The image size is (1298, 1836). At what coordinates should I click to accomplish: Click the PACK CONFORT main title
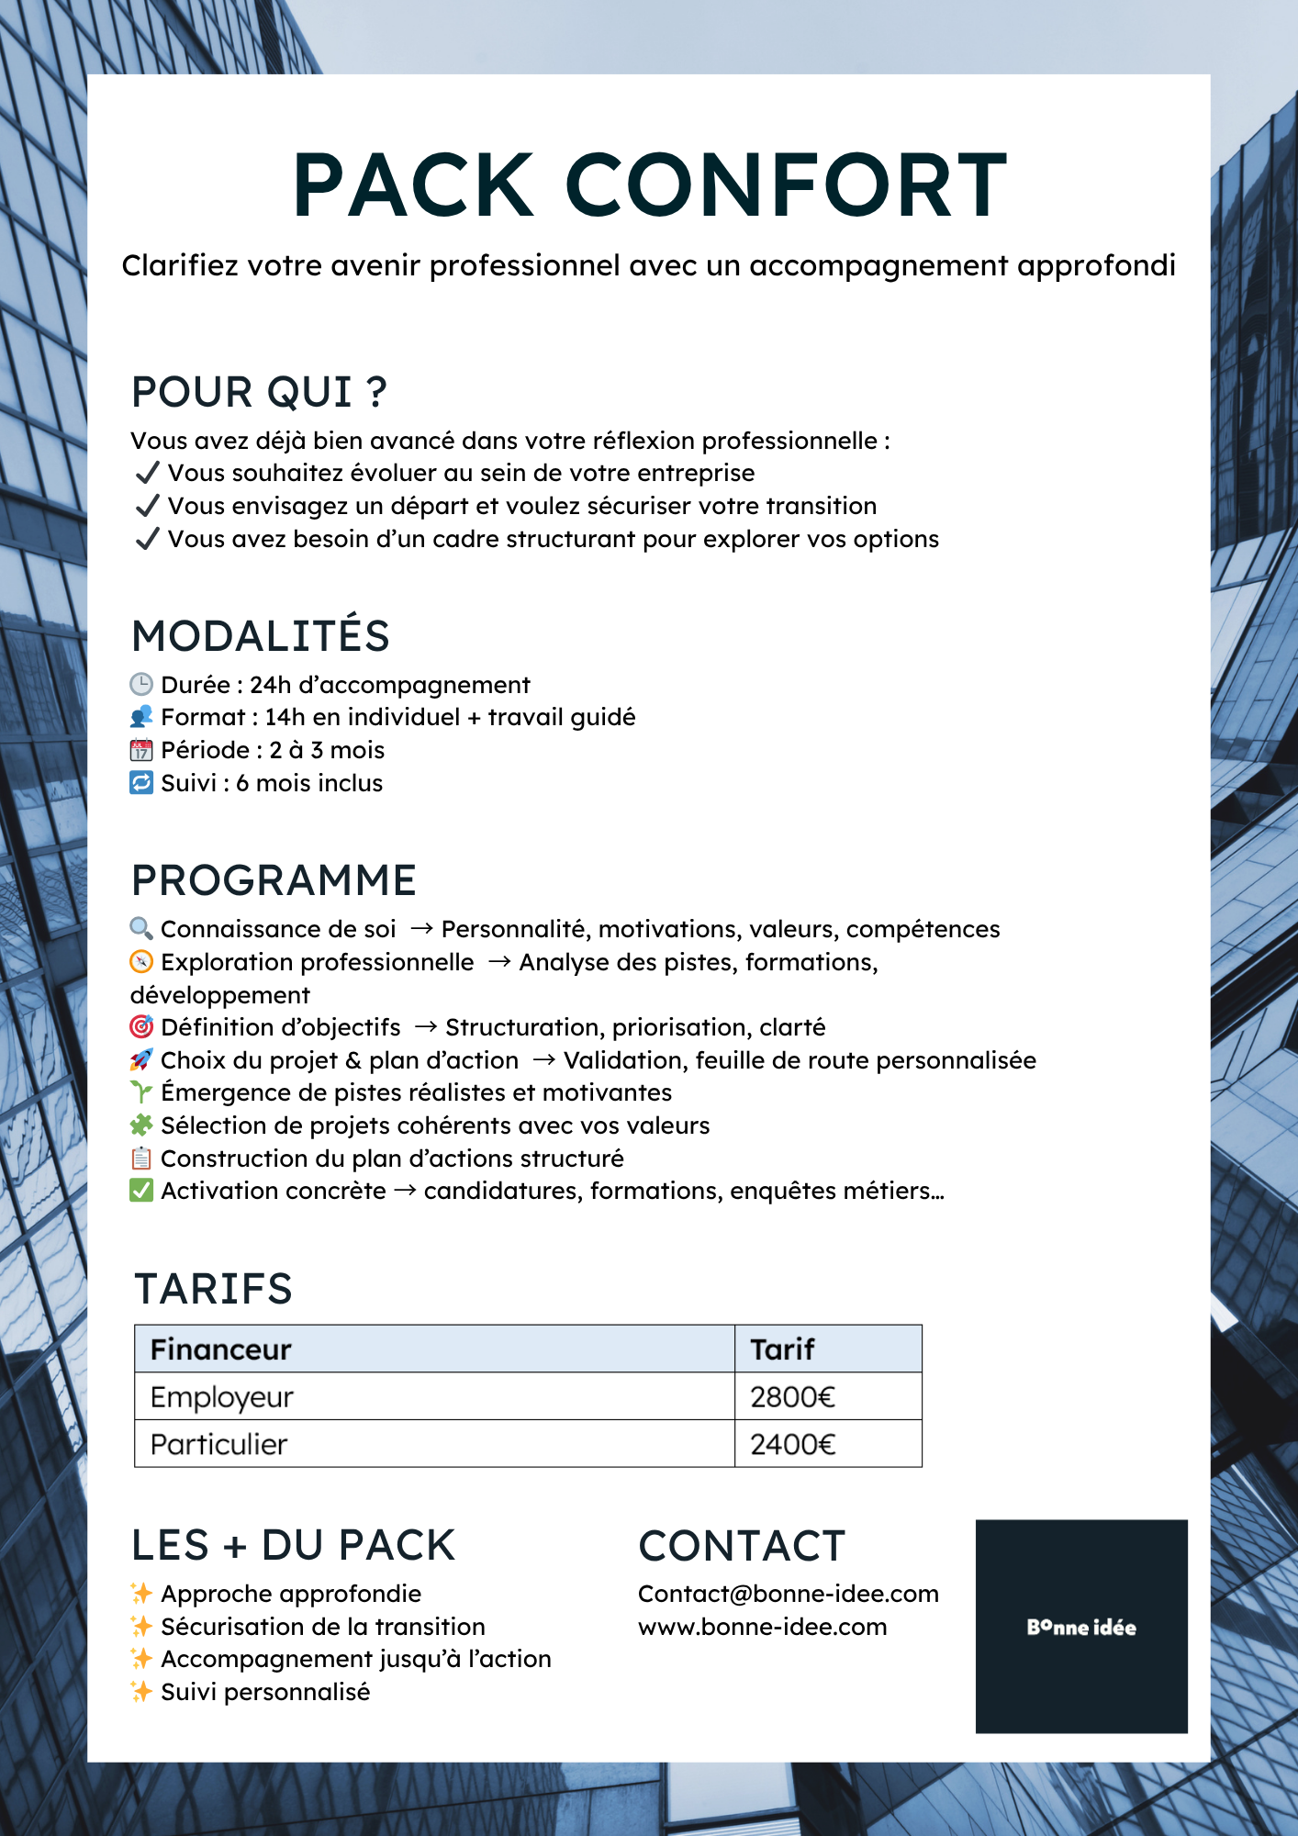(650, 185)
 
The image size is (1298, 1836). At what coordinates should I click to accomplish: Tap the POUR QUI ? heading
(259, 392)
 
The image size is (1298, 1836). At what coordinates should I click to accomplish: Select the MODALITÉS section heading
(261, 636)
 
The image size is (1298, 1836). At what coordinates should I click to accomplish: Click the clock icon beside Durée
(140, 684)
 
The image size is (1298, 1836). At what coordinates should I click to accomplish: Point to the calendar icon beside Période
(140, 750)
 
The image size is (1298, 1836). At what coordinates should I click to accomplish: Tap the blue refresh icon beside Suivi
(140, 783)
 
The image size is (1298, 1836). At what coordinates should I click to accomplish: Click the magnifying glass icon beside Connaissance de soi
(140, 928)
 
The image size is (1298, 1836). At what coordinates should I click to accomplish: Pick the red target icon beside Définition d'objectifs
(140, 1026)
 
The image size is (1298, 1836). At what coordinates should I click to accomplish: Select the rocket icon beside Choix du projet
(140, 1059)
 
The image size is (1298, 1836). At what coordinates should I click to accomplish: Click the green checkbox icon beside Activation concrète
(140, 1191)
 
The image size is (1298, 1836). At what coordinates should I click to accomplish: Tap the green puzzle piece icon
(140, 1125)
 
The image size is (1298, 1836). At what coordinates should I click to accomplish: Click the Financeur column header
(220, 1349)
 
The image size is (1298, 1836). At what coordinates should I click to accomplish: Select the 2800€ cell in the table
(792, 1397)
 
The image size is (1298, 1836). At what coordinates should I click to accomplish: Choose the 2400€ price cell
(792, 1445)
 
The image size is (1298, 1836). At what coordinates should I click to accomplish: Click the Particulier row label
(218, 1445)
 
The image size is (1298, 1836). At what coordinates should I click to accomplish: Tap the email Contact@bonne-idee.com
(788, 1594)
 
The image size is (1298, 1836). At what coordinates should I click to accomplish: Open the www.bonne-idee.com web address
(762, 1627)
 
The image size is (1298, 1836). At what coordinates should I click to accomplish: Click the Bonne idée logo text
(1081, 1628)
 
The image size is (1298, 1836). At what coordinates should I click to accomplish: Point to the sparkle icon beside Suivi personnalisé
(140, 1692)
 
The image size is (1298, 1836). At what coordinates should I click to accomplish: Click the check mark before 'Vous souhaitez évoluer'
(147, 473)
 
